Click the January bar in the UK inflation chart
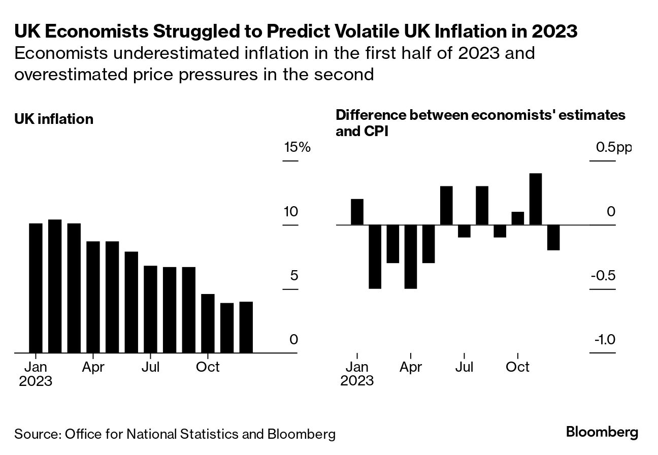(x=36, y=287)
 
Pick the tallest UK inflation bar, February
(x=55, y=285)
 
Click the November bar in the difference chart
(x=536, y=199)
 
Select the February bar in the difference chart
(x=375, y=256)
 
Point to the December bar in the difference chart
(x=553, y=237)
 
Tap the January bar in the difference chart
(x=357, y=212)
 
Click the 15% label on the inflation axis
(x=297, y=148)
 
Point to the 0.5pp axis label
(x=614, y=148)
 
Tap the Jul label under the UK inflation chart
(x=151, y=367)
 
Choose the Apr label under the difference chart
(x=410, y=367)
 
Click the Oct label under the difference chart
(x=517, y=367)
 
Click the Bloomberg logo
(x=602, y=433)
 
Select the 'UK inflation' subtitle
(x=54, y=119)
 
